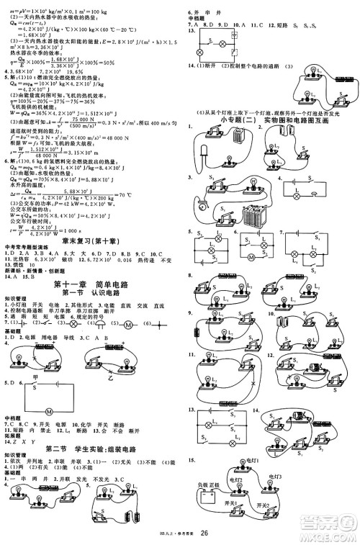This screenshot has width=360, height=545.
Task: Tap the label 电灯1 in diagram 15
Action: [250, 459]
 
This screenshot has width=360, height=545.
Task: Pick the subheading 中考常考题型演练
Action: [27, 248]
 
